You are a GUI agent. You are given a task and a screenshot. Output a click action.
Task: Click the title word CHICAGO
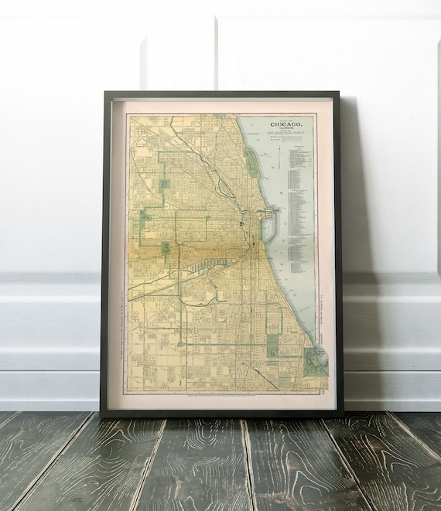pyautogui.click(x=291, y=124)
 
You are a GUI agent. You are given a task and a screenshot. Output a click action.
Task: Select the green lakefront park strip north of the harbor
pyautogui.click(x=252, y=162)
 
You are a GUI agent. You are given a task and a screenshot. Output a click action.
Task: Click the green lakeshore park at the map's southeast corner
pyautogui.click(x=316, y=360)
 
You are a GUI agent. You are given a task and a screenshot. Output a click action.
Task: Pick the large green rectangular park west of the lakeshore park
pyautogui.click(x=272, y=345)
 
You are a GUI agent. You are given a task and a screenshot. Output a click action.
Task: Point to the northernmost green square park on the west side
pyautogui.click(x=164, y=185)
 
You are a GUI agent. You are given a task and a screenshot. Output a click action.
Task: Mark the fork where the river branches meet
pyautogui.click(x=242, y=224)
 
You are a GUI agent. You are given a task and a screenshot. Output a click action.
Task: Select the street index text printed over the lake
pyautogui.click(x=298, y=201)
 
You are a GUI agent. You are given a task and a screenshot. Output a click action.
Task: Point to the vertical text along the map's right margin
pyautogui.click(x=320, y=301)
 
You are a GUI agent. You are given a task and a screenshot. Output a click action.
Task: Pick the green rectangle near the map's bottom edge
pyautogui.click(x=285, y=382)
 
